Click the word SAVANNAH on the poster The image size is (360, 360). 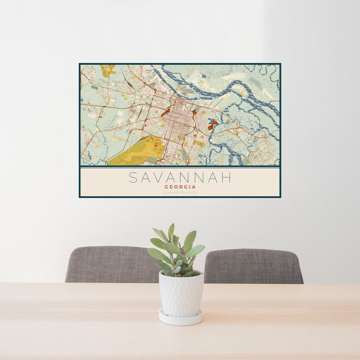pyautogui.click(x=180, y=178)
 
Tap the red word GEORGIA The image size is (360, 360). pyautogui.click(x=180, y=187)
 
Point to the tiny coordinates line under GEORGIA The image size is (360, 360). pyautogui.click(x=180, y=192)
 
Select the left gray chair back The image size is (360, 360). pyautogui.click(x=108, y=264)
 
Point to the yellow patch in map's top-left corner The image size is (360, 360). pyautogui.click(x=108, y=70)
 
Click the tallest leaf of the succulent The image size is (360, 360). pyautogui.click(x=171, y=232)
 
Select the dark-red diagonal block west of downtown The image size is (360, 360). pyautogui.click(x=165, y=111)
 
